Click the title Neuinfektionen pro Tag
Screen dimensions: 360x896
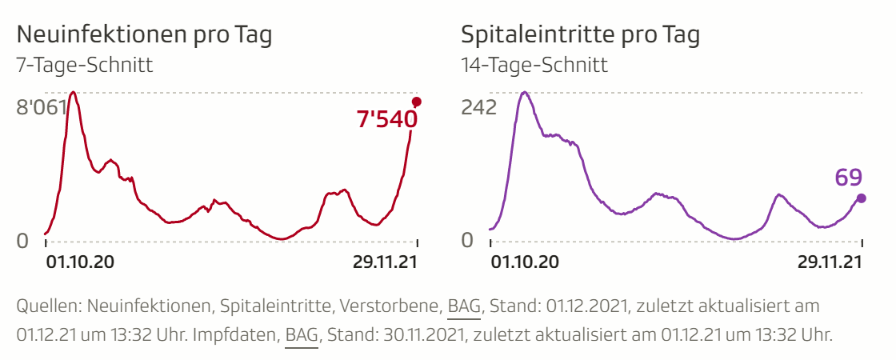144,35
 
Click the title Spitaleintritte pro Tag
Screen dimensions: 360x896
580,35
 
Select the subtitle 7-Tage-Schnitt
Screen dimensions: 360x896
84,65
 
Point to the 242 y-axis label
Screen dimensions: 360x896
479,107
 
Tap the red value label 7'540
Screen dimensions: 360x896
387,120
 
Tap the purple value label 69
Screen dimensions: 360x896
848,177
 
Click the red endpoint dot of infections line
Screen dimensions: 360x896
416,102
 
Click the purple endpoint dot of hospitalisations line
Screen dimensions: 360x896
861,198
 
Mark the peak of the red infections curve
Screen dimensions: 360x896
73,93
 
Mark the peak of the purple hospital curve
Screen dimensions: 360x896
524,93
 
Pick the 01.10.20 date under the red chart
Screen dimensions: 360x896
75,262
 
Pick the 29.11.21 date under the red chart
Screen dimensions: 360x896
385,262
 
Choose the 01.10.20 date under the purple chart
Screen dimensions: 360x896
524,262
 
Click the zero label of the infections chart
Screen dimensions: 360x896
23,240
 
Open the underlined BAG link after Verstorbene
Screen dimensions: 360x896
463,306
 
